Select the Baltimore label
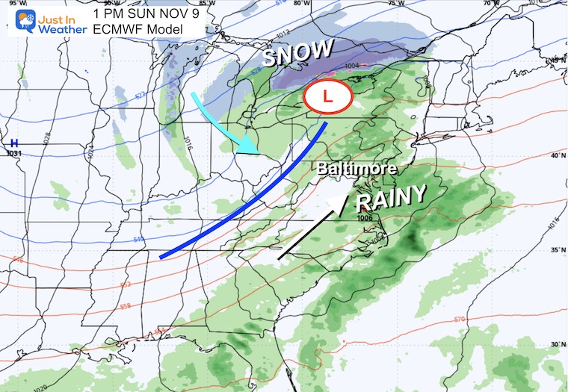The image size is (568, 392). tap(356, 169)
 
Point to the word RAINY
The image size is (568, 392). tap(391, 197)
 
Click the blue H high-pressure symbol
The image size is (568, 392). tap(13, 143)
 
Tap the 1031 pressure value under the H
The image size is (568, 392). tap(13, 153)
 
